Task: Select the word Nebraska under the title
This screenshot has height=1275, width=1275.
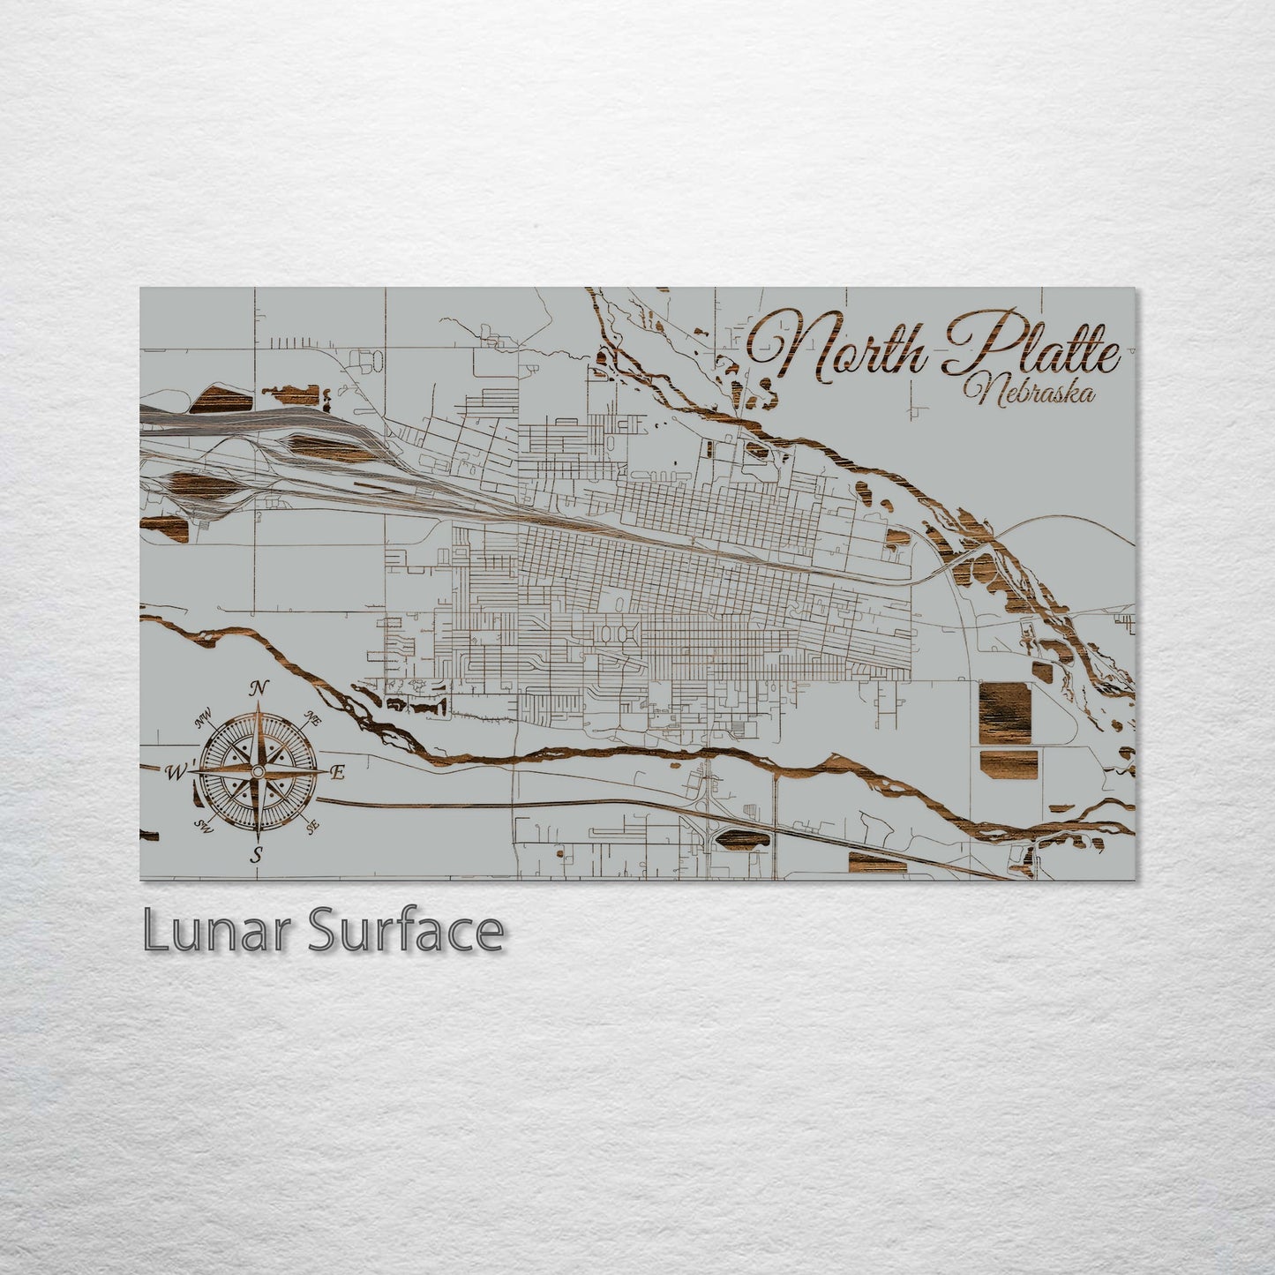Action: [x=1031, y=391]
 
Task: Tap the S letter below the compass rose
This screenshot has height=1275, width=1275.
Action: [x=257, y=853]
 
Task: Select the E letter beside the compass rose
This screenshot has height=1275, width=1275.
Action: [x=336, y=774]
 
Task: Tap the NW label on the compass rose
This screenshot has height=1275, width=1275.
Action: [x=204, y=719]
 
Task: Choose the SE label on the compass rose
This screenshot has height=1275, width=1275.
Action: [x=311, y=827]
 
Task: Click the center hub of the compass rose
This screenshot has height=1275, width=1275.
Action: [x=257, y=772]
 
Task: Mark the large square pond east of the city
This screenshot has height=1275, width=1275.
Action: [x=1004, y=712]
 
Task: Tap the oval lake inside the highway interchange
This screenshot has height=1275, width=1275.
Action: [x=739, y=840]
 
